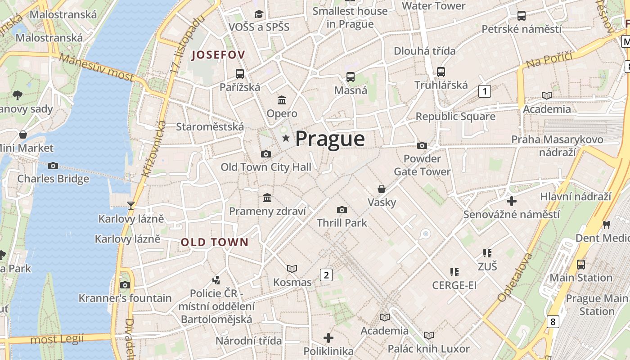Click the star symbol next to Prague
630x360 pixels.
[285, 138]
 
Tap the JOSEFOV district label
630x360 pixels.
[218, 55]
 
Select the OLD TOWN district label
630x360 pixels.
[214, 242]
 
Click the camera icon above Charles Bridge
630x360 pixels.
[53, 166]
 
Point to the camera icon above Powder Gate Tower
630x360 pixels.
[422, 145]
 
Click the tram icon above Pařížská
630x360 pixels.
[240, 73]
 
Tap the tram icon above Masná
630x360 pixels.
[351, 77]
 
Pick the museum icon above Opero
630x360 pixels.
[282, 100]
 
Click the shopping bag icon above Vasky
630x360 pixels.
[382, 189]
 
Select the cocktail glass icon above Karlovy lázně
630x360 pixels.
[131, 206]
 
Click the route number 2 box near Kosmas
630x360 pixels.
[326, 274]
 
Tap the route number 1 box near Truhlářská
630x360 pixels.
[484, 91]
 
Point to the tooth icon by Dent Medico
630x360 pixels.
[606, 224]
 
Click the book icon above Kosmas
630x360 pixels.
[292, 269]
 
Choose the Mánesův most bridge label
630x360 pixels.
[96, 67]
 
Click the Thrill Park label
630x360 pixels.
[342, 223]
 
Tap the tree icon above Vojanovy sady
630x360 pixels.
[18, 95]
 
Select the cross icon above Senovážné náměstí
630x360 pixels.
[511, 201]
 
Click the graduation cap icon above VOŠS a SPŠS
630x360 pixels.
[259, 14]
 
